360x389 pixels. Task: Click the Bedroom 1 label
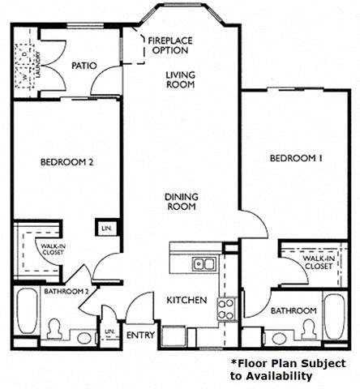tap(296, 159)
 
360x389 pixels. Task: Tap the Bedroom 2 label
tap(68, 162)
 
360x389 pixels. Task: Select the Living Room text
tap(182, 80)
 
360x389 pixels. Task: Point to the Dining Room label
tap(182, 202)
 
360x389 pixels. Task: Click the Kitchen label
tap(186, 300)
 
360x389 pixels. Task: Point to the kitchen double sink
tap(203, 263)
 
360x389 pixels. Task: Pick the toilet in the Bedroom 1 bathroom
tap(308, 330)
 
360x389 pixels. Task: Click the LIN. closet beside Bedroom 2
tap(104, 229)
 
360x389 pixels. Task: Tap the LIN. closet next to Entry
tap(109, 334)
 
